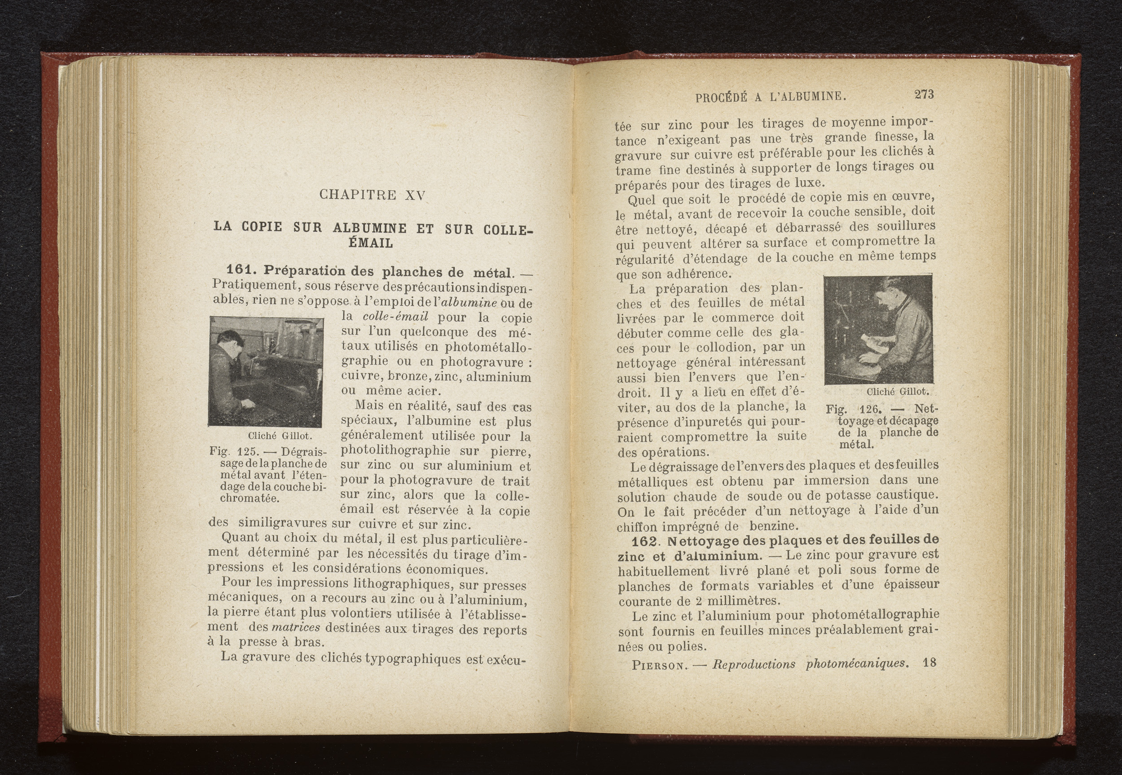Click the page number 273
(924, 95)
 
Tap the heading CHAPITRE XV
(372, 195)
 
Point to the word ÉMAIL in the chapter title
(371, 243)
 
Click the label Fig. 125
(228, 451)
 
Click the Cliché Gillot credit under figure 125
(280, 436)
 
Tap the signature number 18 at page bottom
(929, 663)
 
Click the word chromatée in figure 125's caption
(250, 499)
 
